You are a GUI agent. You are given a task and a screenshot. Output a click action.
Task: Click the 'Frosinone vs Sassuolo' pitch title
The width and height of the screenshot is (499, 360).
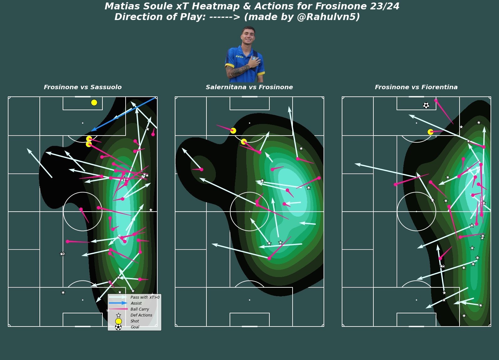[x=83, y=87]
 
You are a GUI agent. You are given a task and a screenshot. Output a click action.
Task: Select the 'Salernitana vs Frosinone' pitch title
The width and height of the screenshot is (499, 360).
[x=249, y=87]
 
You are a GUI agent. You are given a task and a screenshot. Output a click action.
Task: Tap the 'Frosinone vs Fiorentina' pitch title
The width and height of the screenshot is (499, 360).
[x=416, y=87]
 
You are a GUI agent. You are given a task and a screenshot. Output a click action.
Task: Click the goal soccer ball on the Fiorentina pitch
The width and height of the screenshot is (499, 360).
[x=426, y=105]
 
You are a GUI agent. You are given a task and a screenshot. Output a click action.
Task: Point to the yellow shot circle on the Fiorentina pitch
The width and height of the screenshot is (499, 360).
[x=430, y=132]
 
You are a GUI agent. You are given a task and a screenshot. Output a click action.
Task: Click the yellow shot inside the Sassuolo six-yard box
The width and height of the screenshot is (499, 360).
[x=94, y=102]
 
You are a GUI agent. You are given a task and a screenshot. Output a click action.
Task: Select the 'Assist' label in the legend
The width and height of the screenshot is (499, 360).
[x=136, y=303]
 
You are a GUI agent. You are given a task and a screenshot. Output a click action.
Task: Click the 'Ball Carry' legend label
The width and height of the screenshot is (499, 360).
[x=140, y=309]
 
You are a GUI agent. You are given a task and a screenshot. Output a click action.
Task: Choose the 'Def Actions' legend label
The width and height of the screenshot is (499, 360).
[x=141, y=315]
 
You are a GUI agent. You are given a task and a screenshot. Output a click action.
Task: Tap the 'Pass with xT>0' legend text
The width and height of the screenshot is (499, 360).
[x=145, y=297]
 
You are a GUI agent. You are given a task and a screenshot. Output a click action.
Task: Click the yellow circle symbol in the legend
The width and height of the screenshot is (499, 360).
[x=118, y=321]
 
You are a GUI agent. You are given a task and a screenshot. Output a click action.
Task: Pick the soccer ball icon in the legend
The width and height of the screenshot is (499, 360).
[x=118, y=327]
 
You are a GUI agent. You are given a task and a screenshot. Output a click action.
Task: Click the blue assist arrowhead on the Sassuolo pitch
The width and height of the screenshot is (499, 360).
[x=93, y=130]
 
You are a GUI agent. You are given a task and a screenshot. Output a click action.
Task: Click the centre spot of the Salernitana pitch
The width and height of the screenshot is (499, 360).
[x=249, y=212]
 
